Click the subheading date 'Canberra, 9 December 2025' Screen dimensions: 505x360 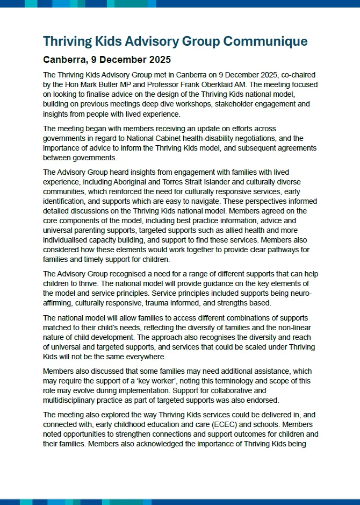pyautogui.click(x=107, y=59)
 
